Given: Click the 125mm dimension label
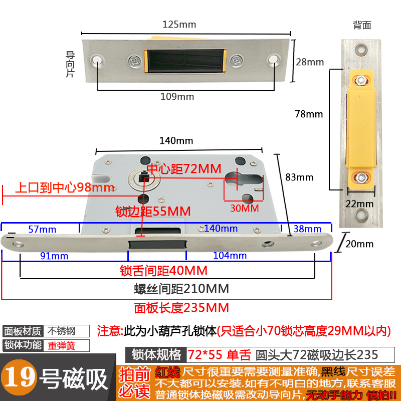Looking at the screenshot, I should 179,24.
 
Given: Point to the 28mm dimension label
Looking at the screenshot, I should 309,62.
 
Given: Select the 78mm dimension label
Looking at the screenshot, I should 309,114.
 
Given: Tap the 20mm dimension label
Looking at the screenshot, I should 359,244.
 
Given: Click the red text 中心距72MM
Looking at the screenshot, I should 183,169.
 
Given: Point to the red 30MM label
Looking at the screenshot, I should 245,207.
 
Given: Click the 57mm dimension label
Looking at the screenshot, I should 42,229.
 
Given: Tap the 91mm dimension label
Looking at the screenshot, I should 54,256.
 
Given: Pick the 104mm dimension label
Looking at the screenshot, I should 230,256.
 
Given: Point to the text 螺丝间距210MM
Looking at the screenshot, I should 181,289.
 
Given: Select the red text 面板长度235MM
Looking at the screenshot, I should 181,307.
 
